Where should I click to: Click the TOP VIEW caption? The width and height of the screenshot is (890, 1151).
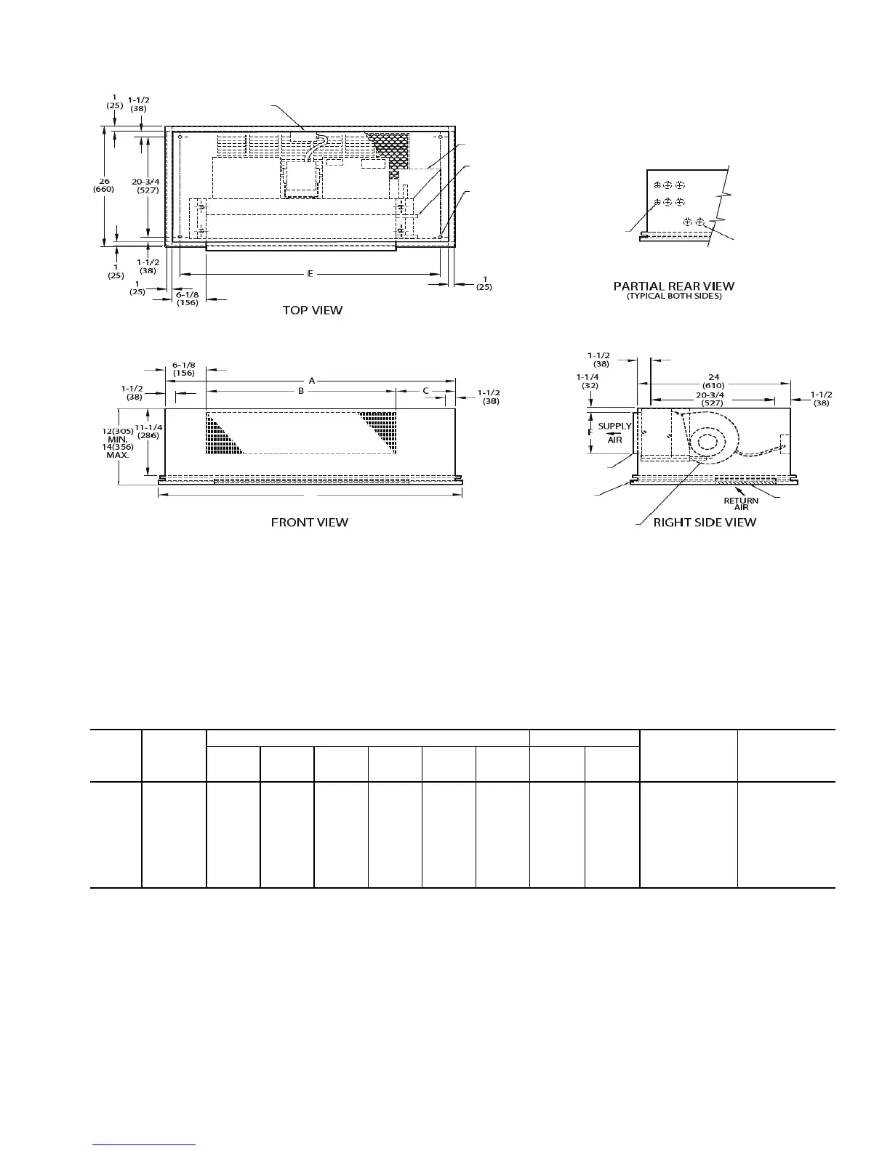pos(312,310)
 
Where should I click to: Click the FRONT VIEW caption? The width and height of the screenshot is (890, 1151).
pos(309,522)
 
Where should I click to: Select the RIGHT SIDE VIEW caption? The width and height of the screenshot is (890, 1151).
pos(704,522)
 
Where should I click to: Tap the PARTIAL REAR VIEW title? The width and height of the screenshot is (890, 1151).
pos(673,286)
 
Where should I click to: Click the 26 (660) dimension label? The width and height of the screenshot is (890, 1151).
pos(103,185)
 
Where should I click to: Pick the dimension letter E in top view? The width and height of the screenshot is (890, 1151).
pos(310,274)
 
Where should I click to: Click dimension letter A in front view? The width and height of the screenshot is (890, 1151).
pos(311,380)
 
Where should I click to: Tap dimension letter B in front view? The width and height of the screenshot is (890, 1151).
pos(300,391)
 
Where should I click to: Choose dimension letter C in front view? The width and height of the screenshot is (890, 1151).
pos(425,391)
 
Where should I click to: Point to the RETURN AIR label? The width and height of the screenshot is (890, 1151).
pos(740,504)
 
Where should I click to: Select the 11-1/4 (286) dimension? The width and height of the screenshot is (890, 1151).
pos(148,432)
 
